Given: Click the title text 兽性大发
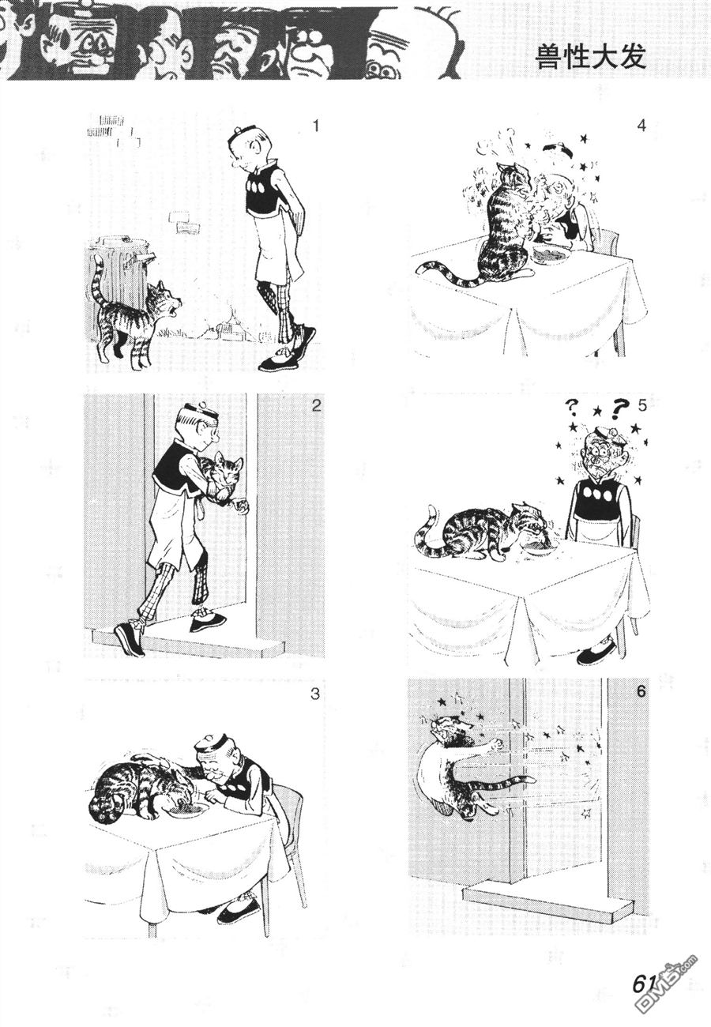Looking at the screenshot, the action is pos(591,58).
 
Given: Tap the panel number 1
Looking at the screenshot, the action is pos(314,125).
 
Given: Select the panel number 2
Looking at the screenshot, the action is pos(316,406).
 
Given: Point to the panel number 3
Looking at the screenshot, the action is pos(314,694).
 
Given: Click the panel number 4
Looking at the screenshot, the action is pos(641,125).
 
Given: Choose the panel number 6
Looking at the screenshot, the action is pos(641,691).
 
